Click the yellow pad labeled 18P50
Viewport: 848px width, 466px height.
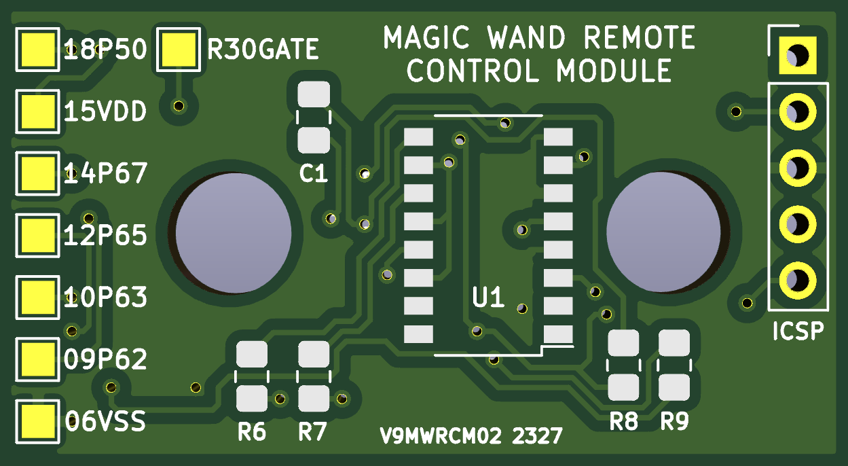[37, 50]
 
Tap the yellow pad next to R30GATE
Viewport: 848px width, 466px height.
[179, 50]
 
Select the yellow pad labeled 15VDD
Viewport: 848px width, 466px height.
[37, 111]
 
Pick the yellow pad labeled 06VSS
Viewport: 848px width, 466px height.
[37, 422]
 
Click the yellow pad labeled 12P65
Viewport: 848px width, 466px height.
[37, 235]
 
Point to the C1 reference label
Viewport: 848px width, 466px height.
[313, 174]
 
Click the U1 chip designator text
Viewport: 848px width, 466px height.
[488, 297]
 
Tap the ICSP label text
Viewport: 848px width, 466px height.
[798, 331]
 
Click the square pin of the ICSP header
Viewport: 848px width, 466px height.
[798, 55]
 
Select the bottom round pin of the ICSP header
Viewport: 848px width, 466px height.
[798, 281]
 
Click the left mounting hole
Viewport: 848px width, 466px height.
[234, 233]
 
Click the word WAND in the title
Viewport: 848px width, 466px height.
[526, 37]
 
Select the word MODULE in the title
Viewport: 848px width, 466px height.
[614, 71]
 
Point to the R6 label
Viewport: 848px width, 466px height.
[252, 432]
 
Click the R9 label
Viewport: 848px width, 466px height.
[675, 421]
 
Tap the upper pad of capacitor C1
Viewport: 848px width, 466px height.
[314, 94]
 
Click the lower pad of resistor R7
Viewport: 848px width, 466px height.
[314, 398]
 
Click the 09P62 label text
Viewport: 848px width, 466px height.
[105, 359]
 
